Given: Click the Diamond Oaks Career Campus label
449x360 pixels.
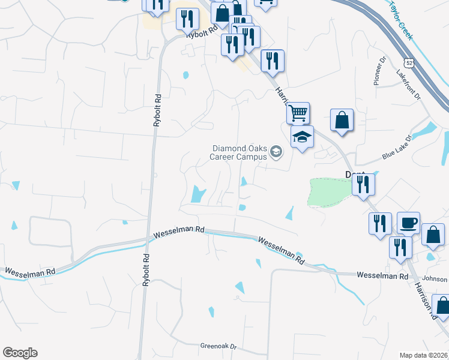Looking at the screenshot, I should click(239, 152).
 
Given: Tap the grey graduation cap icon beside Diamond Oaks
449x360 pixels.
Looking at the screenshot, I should click(276, 152).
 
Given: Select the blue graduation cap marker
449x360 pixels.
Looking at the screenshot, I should click(302, 138).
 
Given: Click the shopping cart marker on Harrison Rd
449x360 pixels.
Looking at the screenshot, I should click(298, 113).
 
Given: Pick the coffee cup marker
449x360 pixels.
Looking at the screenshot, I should click(408, 223).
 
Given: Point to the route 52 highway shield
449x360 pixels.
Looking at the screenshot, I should click(408, 62).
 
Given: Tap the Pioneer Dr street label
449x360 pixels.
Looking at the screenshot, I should click(379, 71).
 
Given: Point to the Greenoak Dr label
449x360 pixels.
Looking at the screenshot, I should click(219, 346).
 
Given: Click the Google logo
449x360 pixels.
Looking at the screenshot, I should click(20, 353).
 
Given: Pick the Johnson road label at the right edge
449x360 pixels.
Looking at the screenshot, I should click(435, 278).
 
